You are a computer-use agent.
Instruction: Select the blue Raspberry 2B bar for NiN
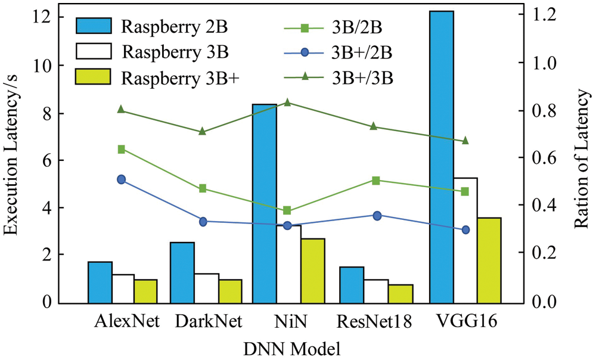tap(265, 203)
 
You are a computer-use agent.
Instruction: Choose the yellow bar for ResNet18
tap(401, 293)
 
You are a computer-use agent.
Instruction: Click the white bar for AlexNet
tap(123, 288)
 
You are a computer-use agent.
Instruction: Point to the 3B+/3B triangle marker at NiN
tap(287, 103)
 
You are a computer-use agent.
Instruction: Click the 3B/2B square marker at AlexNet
tap(121, 149)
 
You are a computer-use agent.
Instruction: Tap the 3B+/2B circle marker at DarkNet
tap(203, 222)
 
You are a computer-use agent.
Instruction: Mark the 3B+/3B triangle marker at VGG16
tap(465, 141)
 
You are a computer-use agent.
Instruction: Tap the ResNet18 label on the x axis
tap(374, 322)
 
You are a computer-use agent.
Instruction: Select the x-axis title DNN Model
tap(288, 347)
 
